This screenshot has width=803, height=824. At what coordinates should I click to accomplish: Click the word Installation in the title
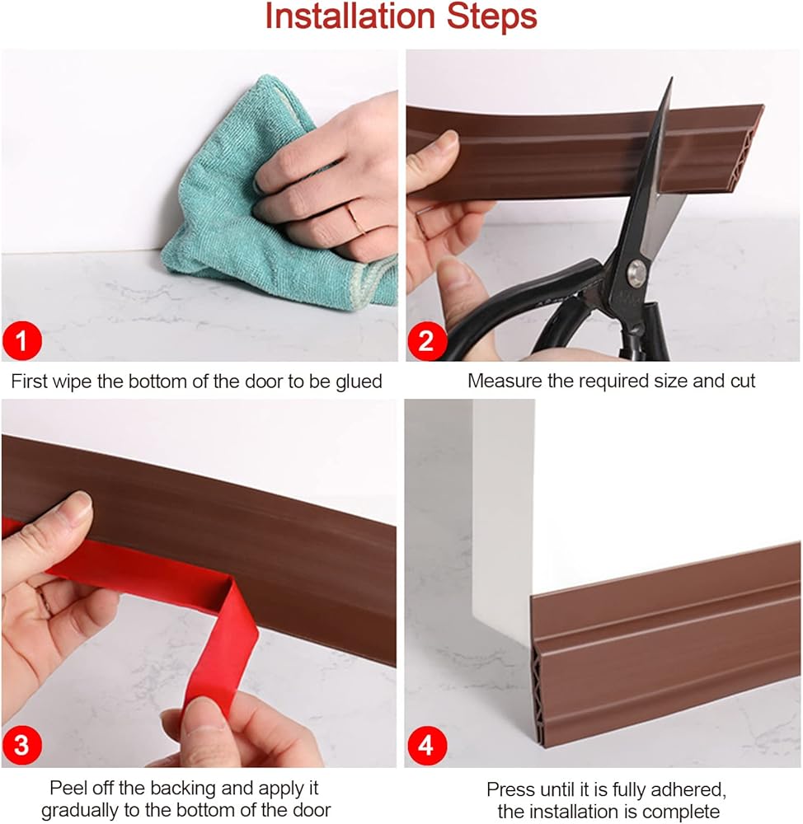(x=350, y=16)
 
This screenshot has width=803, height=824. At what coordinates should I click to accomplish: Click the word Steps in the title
(x=492, y=16)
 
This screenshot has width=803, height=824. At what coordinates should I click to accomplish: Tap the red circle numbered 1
(x=21, y=341)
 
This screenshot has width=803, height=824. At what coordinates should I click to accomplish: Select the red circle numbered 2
(x=426, y=341)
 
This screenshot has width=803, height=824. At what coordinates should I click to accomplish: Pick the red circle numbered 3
(x=21, y=746)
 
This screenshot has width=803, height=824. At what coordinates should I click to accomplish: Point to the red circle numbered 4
(x=425, y=746)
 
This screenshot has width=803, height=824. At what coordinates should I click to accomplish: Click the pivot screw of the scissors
(x=637, y=272)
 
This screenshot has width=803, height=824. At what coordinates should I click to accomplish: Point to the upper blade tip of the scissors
(x=672, y=77)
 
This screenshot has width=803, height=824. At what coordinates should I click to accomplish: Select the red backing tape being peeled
(x=157, y=604)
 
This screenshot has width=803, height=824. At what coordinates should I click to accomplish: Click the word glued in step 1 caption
(x=359, y=382)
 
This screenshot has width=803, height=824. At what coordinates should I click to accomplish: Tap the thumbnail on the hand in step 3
(x=79, y=502)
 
